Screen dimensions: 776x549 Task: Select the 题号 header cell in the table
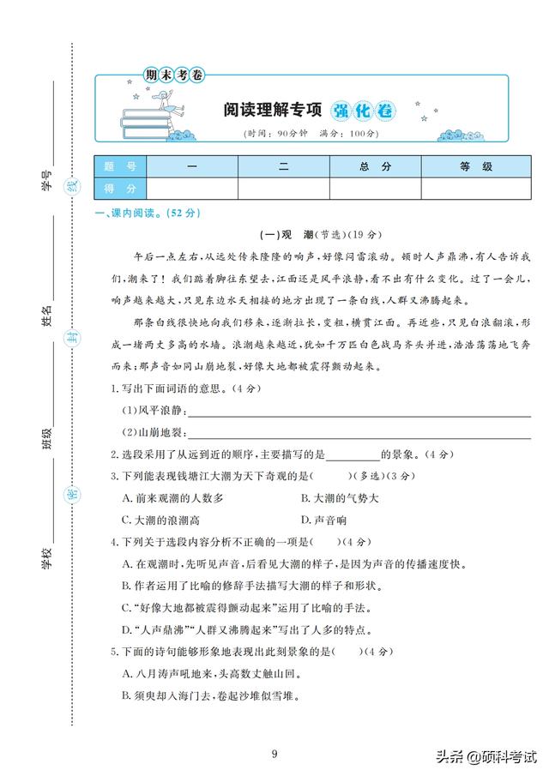120,166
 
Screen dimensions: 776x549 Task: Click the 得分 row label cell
120,189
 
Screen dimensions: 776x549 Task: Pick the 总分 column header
376,166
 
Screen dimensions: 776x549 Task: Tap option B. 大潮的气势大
341,497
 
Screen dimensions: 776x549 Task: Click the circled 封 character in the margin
73,336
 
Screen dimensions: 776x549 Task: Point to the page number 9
274,754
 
